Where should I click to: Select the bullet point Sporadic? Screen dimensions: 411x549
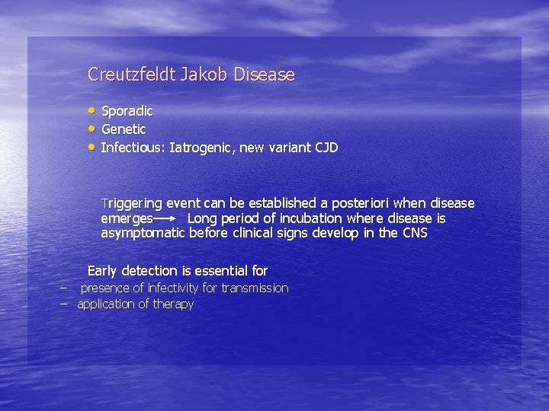click(127, 111)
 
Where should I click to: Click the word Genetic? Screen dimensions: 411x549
click(124, 129)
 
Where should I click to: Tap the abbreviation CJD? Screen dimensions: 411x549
click(326, 148)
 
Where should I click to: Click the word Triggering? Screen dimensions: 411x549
click(131, 204)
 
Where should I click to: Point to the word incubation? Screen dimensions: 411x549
click(316, 218)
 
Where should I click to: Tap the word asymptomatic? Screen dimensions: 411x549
click(143, 234)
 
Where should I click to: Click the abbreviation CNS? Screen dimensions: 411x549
click(415, 233)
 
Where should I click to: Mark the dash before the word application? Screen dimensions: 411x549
click(65, 303)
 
